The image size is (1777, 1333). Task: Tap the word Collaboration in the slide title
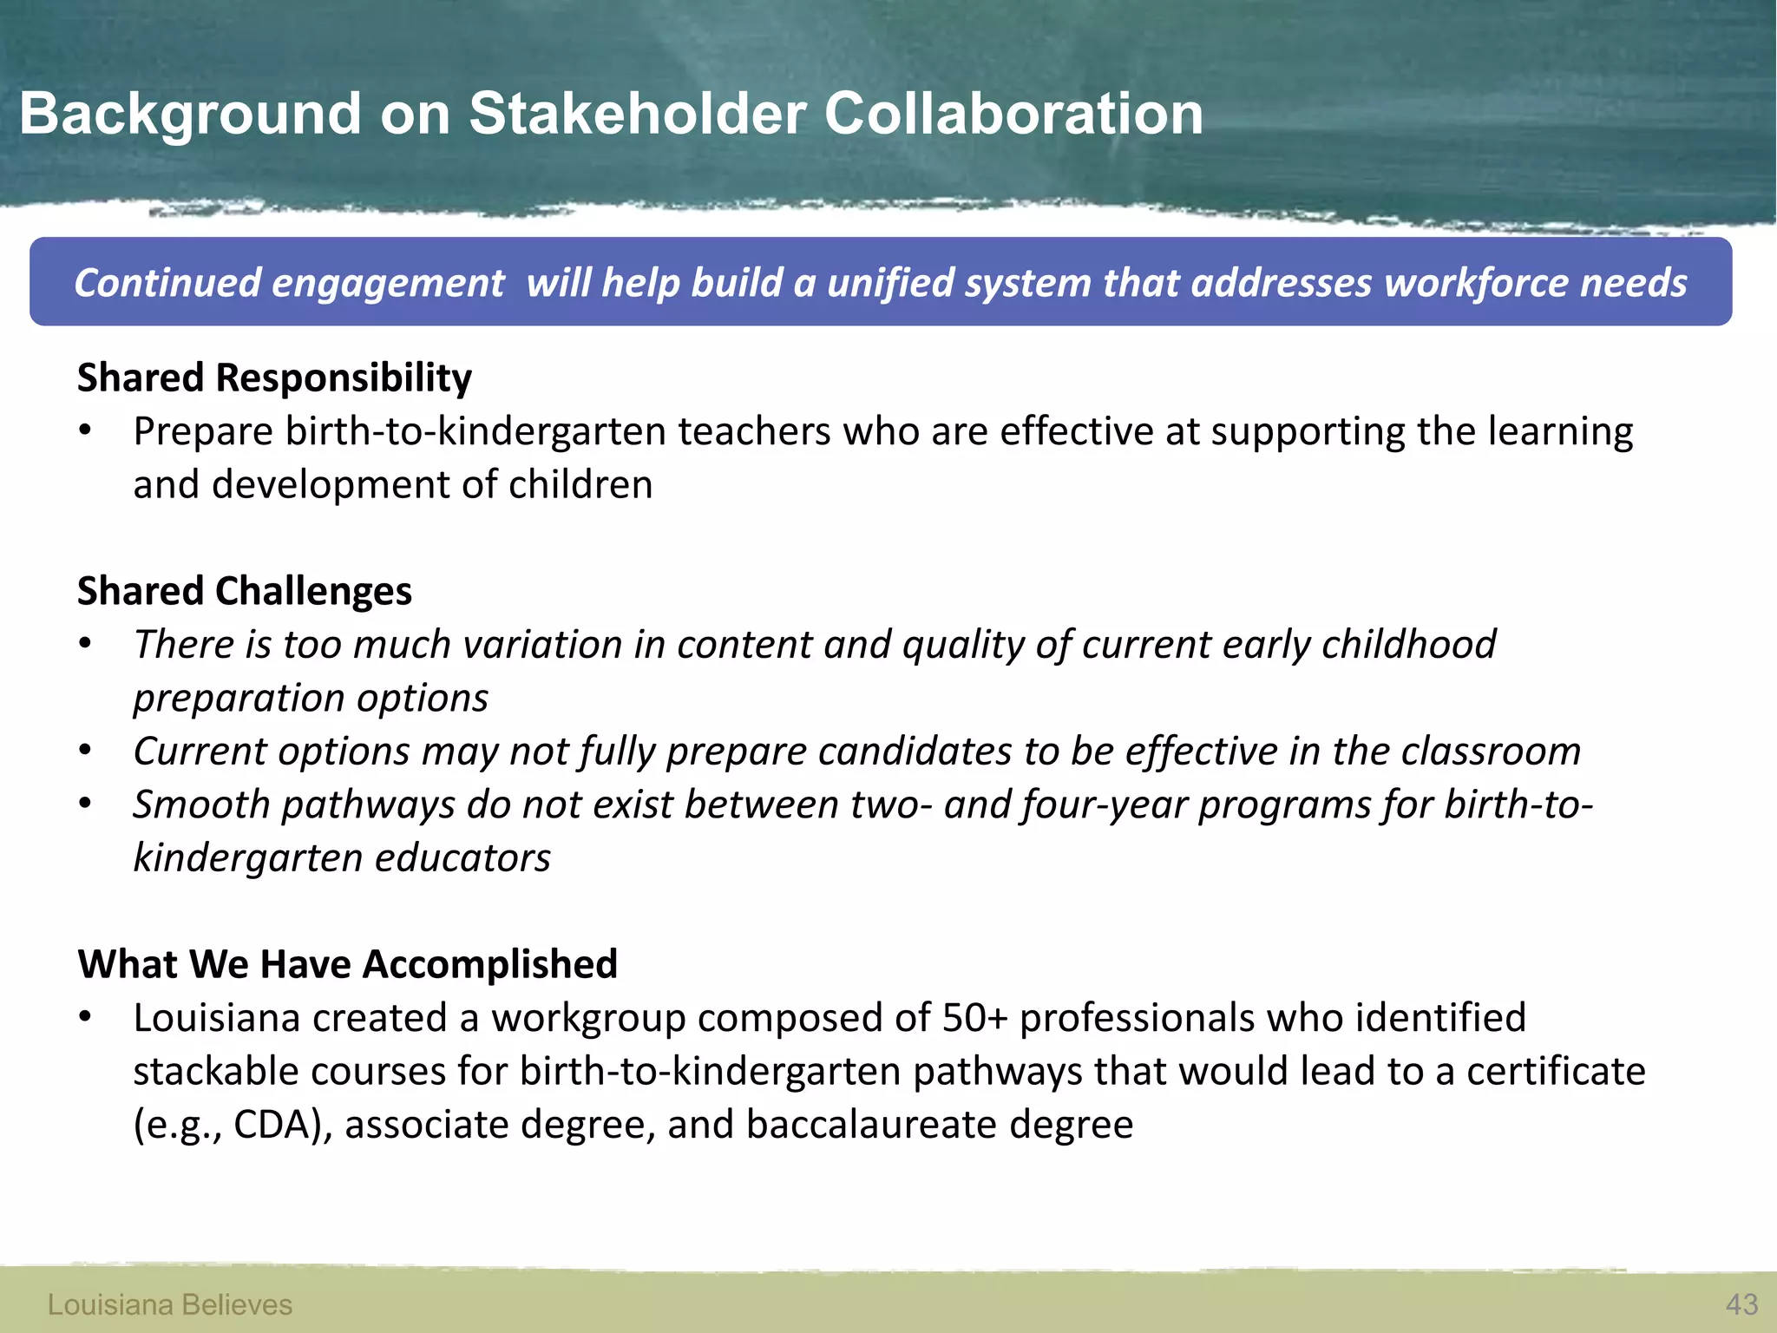coord(1013,114)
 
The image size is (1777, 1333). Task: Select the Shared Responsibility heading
coord(274,378)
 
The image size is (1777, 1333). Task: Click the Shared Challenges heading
coord(245,591)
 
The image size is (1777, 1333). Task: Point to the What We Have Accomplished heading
coord(347,964)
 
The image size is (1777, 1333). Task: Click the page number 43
coord(1741,1304)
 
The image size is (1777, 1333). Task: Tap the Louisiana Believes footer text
coord(170,1304)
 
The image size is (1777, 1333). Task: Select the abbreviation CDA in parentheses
coord(272,1125)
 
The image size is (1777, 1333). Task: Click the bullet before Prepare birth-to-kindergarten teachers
coord(85,431)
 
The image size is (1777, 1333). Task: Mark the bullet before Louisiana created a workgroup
coord(85,1018)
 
